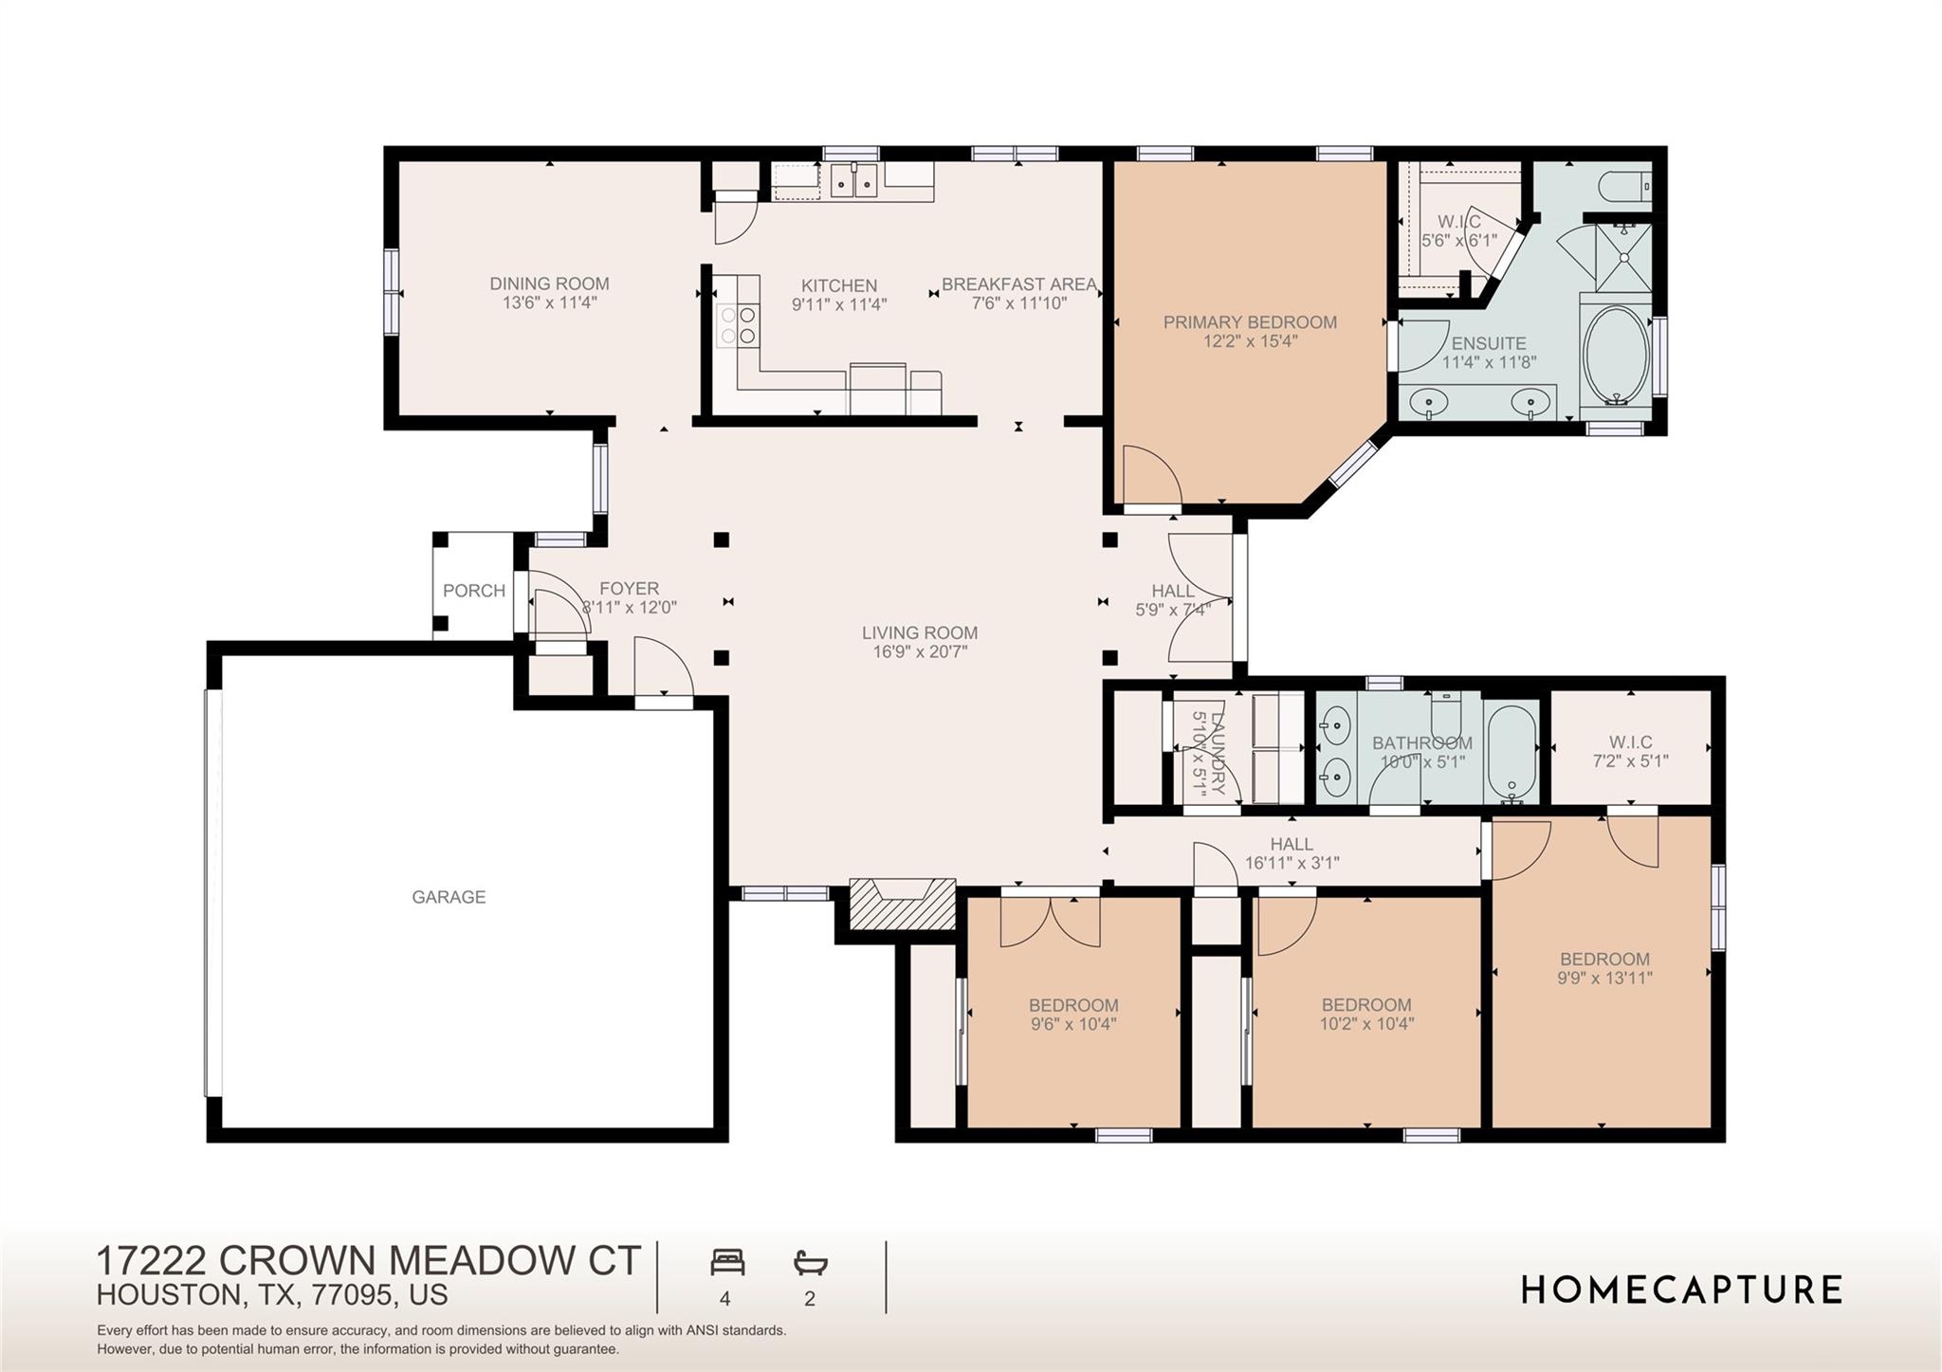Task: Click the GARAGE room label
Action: tap(449, 897)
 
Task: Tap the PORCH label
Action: tap(474, 591)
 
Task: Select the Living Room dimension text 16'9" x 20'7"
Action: tap(920, 652)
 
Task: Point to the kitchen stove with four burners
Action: tap(737, 324)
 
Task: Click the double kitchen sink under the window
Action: tap(854, 180)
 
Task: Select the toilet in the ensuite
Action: tap(1624, 187)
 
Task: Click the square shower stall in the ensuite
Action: tap(1624, 256)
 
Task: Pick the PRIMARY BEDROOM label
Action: tap(1250, 322)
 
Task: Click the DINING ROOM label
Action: tap(549, 284)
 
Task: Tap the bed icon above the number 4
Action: tap(727, 1262)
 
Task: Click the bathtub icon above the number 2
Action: tap(810, 1262)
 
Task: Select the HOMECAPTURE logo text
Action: tap(1681, 1290)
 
